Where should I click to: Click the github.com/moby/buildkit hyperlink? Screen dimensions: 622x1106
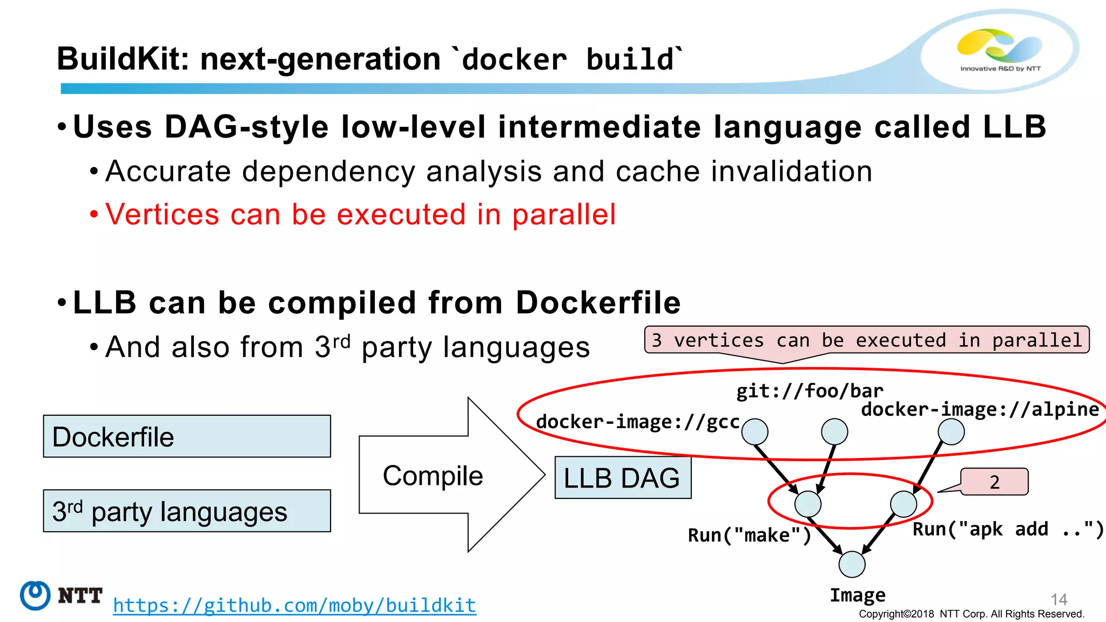[x=294, y=605]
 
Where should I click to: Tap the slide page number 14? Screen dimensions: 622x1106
[x=1058, y=599]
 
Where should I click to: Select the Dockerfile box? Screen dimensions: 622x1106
[x=187, y=436]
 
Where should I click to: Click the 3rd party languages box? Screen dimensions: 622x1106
[x=187, y=511]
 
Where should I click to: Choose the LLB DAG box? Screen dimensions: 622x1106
[x=623, y=478]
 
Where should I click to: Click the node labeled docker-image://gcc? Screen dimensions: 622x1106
[x=754, y=431]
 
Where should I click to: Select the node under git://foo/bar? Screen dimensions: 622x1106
[x=834, y=431]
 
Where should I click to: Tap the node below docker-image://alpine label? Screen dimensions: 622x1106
[x=951, y=431]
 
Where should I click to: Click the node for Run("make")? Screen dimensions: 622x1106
[x=808, y=504]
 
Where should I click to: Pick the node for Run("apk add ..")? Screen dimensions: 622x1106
[x=903, y=504]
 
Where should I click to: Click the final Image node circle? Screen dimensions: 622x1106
[x=852, y=564]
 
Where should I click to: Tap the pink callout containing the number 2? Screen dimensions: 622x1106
[x=994, y=482]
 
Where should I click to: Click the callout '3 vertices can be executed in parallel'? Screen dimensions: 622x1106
[x=866, y=340]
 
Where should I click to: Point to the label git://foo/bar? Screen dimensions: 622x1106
[x=810, y=390]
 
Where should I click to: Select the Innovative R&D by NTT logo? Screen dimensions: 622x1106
[x=1000, y=50]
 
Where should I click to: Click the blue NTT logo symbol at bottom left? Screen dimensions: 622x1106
[x=35, y=595]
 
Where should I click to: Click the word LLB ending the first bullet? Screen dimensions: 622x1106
[x=1014, y=127]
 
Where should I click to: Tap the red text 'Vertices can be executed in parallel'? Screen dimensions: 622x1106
[x=360, y=214]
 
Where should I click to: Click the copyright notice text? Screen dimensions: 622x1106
[x=971, y=614]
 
